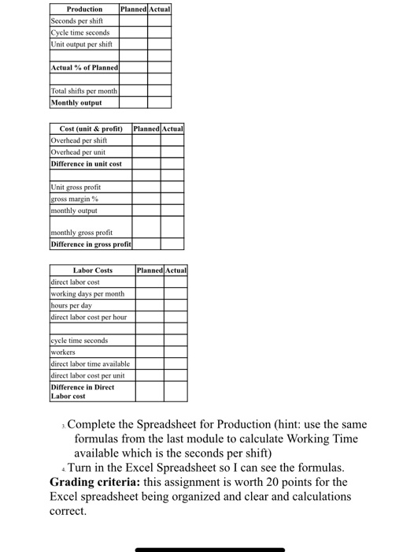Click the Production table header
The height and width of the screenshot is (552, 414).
tap(83, 9)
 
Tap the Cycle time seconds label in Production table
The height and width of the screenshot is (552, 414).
tap(79, 32)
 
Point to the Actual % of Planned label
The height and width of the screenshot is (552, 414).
tap(83, 68)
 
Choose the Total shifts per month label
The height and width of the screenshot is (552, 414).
tap(83, 91)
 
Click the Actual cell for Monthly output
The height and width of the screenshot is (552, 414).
tap(159, 103)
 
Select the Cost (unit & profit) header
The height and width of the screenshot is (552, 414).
tap(91, 129)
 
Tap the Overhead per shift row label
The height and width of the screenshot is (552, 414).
tap(82, 140)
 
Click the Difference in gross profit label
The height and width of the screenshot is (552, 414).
tap(91, 244)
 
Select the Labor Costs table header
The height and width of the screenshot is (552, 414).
tap(92, 270)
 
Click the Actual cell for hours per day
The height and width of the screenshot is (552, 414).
tap(176, 304)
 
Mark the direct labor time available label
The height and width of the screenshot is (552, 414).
tap(90, 364)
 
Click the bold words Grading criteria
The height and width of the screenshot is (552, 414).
tap(95, 482)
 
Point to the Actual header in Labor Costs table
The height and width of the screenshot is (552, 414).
tap(176, 270)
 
